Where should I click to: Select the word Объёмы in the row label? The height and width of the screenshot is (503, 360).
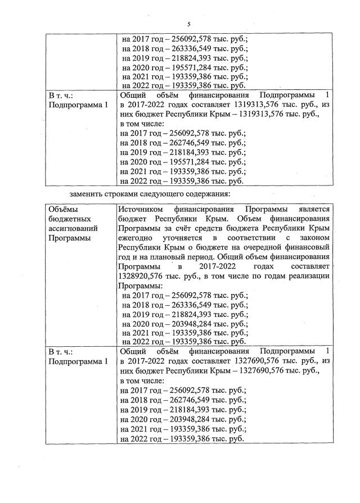point(64,209)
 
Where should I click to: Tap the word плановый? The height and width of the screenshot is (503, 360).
point(176,259)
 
